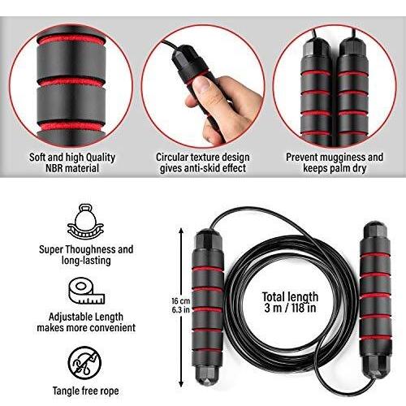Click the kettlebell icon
85,222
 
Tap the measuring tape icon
86,292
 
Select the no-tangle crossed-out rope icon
84,363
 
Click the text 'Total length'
290,297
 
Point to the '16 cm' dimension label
181,301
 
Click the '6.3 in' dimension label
181,309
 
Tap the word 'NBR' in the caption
54,168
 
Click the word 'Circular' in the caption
172,157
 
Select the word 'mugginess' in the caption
335,158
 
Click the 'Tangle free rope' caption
85,391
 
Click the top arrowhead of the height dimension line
181,231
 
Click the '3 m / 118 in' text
290,308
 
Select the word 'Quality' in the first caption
101,158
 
